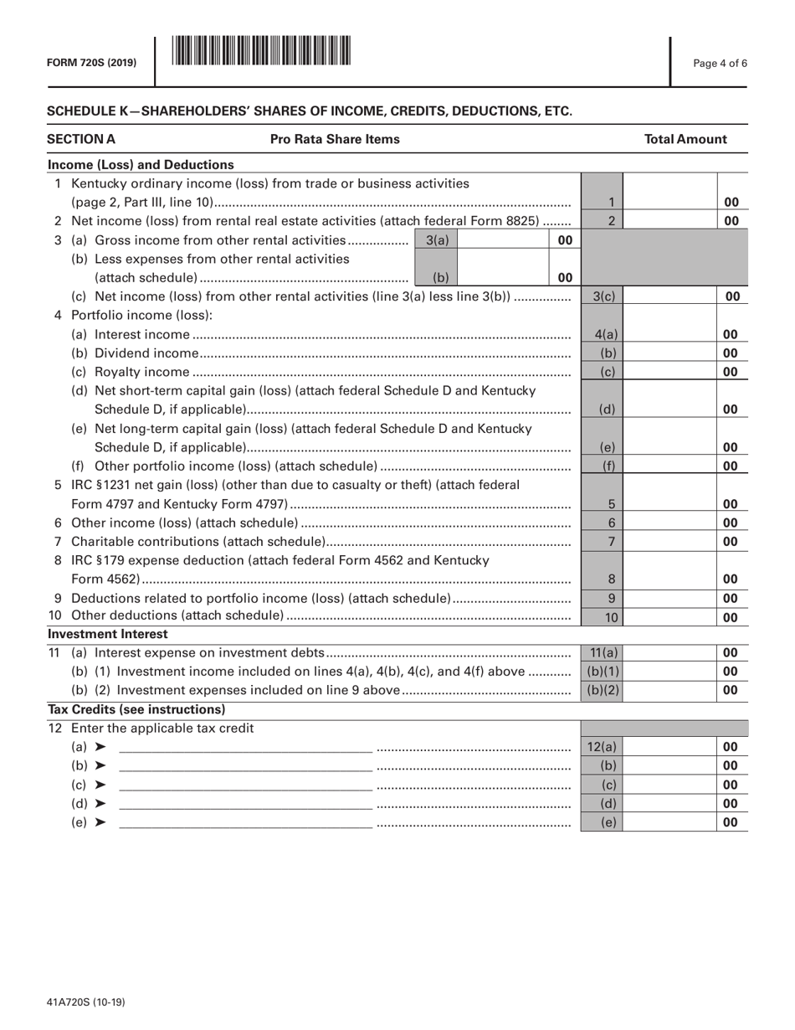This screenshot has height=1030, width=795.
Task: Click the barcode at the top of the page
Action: (261, 52)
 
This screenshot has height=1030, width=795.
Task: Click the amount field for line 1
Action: (669, 202)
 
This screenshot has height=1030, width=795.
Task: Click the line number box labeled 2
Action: (612, 221)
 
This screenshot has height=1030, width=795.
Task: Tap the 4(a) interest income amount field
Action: (669, 334)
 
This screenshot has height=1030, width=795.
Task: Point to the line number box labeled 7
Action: (612, 541)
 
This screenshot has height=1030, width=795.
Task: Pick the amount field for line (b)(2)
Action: (669, 690)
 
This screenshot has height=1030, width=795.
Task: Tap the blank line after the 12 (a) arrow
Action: (245, 747)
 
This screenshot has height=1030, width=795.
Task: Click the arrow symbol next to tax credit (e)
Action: (100, 822)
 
